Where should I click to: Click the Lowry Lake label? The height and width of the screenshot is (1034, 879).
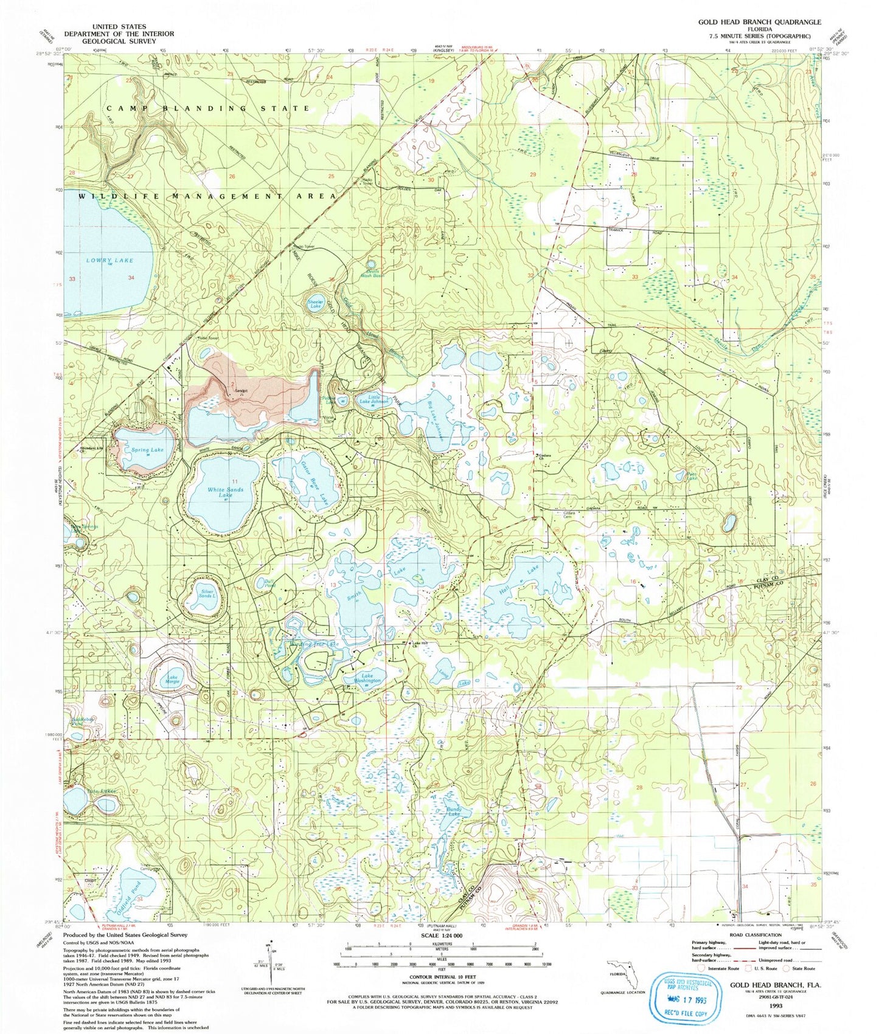coord(109,260)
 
